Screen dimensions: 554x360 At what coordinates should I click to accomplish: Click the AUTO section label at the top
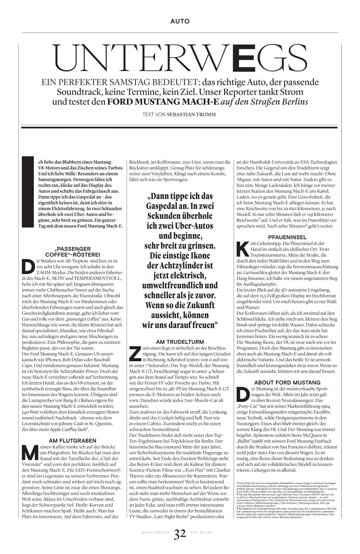(180, 21)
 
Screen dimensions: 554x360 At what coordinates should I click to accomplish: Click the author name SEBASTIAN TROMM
(191, 114)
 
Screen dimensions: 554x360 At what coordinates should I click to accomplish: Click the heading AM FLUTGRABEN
(72, 440)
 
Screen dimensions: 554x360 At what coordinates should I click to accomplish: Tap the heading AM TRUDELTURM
(180, 342)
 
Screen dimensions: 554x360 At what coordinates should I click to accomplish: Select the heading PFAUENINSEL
(287, 237)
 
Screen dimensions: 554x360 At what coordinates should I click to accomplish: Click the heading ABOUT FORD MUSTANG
(287, 383)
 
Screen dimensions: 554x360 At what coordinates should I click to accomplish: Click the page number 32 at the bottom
(180, 534)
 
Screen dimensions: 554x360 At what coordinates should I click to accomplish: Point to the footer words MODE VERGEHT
(155, 533)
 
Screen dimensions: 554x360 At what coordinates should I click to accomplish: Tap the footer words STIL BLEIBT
(202, 533)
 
